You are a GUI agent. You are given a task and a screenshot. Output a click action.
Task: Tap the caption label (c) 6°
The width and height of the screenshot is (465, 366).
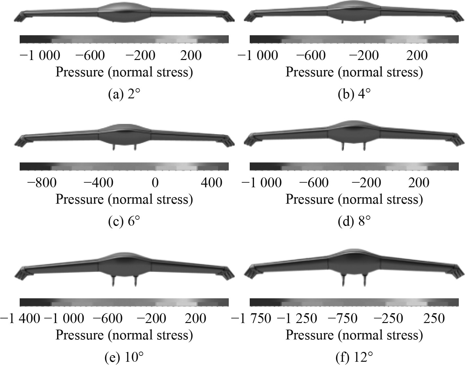[124, 222]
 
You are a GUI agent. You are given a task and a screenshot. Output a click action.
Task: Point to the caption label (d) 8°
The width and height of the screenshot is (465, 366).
[354, 222]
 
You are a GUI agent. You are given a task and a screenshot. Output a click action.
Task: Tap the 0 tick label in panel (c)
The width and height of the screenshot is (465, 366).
[155, 182]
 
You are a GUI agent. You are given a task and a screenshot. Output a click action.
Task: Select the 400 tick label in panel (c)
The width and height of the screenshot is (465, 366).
[211, 182]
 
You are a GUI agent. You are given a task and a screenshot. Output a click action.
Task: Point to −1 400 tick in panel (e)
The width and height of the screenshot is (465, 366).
[20, 318]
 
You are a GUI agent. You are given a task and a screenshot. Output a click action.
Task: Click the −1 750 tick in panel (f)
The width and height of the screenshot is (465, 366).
[251, 318]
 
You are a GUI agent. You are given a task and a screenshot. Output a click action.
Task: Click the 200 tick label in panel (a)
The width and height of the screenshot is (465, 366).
[191, 55]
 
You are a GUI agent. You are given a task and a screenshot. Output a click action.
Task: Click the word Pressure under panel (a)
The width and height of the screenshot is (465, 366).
[80, 72]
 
